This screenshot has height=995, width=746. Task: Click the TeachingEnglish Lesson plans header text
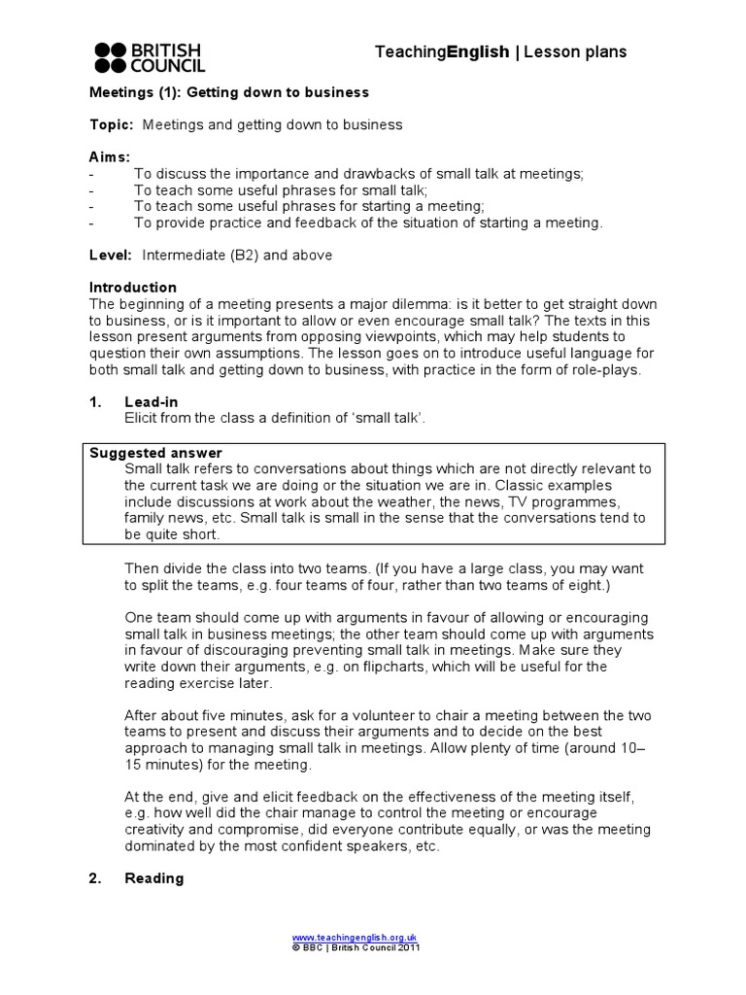pos(500,52)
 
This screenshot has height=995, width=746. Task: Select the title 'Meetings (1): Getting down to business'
pos(229,92)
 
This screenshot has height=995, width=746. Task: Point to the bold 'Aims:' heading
pos(110,157)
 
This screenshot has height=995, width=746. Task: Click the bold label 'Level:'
pos(111,256)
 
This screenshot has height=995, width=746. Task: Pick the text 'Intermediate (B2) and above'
pos(237,256)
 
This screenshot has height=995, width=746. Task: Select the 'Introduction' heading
pos(133,288)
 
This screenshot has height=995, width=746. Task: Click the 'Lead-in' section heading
pos(152,401)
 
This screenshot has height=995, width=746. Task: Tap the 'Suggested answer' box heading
pos(155,453)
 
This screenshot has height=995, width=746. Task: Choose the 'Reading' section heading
pos(153,878)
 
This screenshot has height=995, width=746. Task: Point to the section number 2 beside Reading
pos(94,878)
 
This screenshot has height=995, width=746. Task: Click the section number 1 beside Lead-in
pos(94,401)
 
